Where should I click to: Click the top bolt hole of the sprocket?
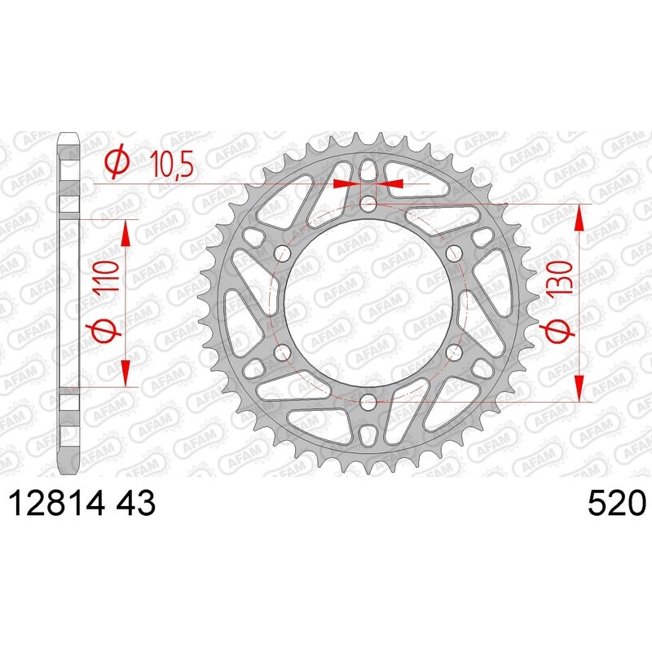(368, 203)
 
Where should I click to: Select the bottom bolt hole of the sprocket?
(368, 401)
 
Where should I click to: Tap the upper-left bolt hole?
(283, 252)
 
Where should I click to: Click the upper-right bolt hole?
(454, 252)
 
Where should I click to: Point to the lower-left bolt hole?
(283, 351)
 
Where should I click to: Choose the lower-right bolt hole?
(454, 351)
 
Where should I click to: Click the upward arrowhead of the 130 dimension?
(580, 216)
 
